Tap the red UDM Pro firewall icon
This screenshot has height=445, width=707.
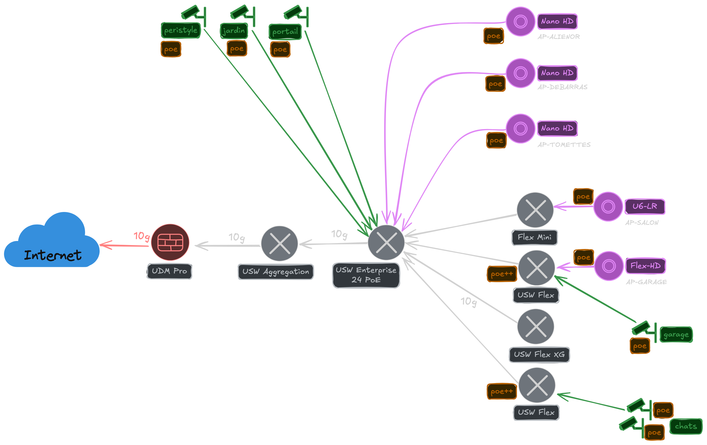pos(170,242)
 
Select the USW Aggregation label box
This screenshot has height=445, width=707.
pos(276,272)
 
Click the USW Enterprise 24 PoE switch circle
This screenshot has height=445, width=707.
pos(386,242)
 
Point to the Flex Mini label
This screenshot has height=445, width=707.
pos(534,237)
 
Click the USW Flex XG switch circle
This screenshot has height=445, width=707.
pos(535,326)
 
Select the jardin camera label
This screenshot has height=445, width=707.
pos(234,31)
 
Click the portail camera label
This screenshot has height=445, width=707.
pos(285,32)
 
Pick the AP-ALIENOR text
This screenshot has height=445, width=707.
pos(559,37)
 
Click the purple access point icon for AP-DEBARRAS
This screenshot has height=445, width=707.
pos(520,73)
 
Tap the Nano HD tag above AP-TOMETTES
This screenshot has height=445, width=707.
pos(557,129)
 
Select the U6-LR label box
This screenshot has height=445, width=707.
pos(645,206)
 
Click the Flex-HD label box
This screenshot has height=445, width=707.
pos(645,266)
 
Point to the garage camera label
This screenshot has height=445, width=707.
pos(676,335)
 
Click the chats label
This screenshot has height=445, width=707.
pos(686,426)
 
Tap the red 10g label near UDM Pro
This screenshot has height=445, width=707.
pos(141,236)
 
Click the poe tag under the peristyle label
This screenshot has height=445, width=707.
pos(171,49)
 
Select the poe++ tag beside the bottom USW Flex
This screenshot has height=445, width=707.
pos(502,391)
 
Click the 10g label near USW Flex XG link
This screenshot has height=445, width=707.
pos(468,302)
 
